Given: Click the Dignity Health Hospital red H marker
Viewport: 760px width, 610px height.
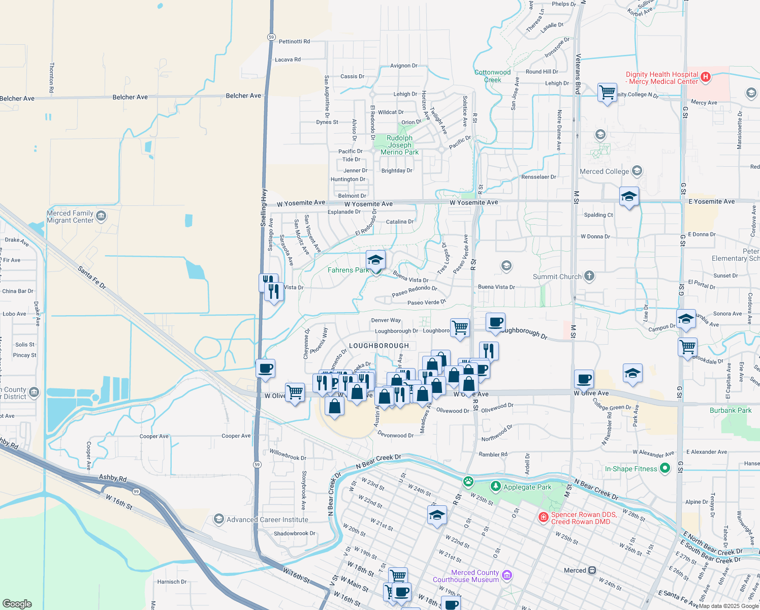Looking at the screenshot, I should point(705,77).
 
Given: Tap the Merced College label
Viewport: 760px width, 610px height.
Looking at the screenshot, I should point(604,172).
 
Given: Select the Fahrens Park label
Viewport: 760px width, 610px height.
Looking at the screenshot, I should point(348,270).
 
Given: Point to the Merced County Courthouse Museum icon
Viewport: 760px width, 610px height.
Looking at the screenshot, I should point(506,575).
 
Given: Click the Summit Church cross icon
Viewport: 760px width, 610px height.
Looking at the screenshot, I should point(589,276).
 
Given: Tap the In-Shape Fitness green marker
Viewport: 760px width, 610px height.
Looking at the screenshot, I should point(665,468).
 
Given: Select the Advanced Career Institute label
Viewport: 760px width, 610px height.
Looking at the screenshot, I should point(267,520).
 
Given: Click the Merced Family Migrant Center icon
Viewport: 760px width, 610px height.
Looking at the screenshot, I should point(101,217).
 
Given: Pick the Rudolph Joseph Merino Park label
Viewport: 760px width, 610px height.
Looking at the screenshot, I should point(400,145).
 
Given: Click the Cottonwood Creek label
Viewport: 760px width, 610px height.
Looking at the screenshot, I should point(492,76).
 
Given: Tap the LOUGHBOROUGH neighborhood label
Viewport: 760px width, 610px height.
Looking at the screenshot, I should point(379,346).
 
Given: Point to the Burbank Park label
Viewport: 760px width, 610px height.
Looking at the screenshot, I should point(731,410).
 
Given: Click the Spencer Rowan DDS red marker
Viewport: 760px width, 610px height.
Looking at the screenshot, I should point(543,517).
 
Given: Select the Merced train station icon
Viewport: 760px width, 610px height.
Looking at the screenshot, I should point(592,570).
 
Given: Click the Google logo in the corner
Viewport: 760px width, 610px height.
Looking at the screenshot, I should point(17,603).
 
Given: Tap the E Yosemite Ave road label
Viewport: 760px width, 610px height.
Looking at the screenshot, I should point(711,202).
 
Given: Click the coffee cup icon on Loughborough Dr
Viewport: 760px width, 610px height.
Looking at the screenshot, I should point(495,322).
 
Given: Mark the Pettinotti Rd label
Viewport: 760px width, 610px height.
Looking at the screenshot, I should point(294,42).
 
